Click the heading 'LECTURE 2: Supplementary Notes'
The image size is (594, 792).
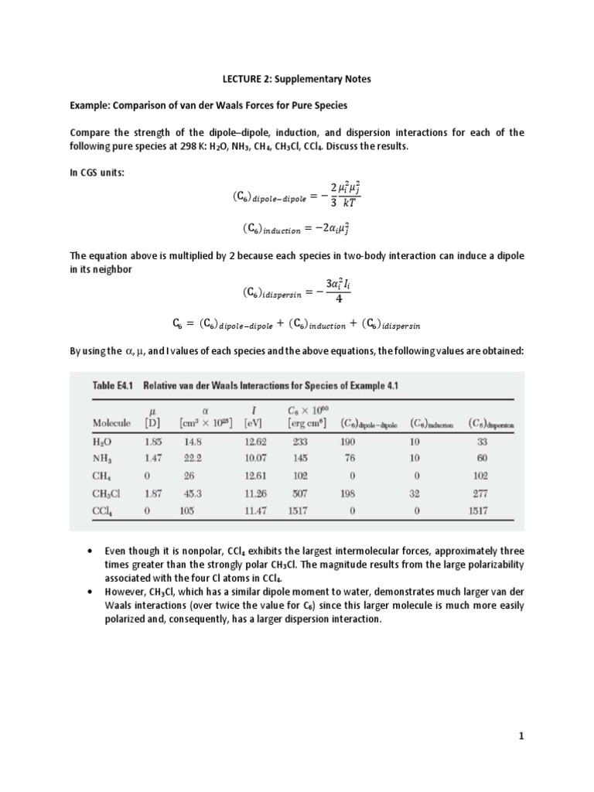click(x=296, y=78)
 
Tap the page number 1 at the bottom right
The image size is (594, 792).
click(x=521, y=736)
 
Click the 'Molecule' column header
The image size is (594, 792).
click(x=111, y=423)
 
